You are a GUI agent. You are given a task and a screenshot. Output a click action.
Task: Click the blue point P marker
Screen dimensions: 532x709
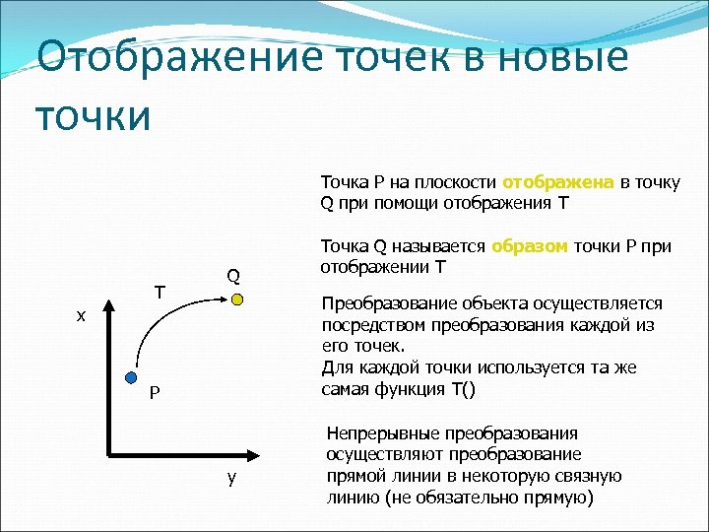point(130,377)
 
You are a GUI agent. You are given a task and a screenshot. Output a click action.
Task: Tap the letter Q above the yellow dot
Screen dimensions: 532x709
point(233,276)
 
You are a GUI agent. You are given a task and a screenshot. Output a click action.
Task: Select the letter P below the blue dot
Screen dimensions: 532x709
point(154,395)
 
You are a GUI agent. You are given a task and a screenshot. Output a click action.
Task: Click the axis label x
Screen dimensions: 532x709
point(82,316)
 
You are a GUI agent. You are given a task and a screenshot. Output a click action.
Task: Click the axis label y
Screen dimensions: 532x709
point(230,478)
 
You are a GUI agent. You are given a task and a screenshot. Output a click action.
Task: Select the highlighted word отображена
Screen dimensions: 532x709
point(558,182)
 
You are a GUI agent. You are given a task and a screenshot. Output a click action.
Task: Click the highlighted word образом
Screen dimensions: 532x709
point(530,246)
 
